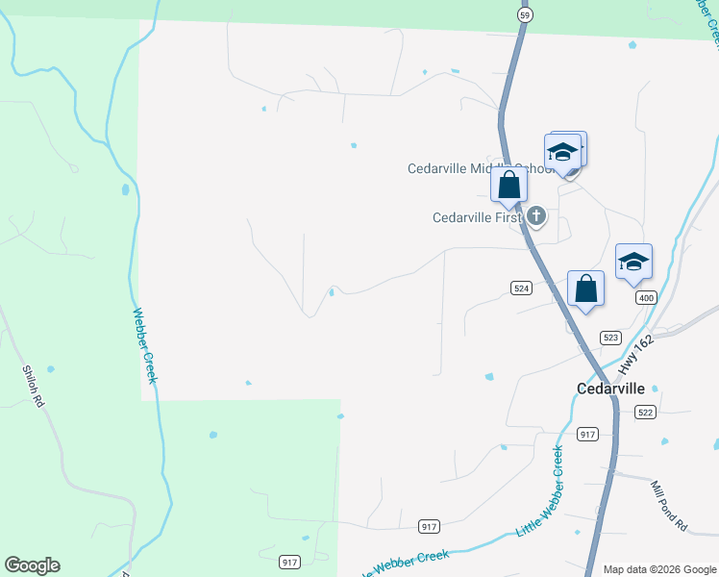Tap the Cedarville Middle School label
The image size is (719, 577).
(x=475, y=168)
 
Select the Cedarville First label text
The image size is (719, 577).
(x=476, y=217)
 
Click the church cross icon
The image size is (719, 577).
(x=536, y=216)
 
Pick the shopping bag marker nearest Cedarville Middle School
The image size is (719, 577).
(x=508, y=185)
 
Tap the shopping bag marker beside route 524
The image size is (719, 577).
(x=586, y=288)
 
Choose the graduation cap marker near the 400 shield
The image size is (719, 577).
(x=633, y=263)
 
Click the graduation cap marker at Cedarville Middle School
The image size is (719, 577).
(x=562, y=152)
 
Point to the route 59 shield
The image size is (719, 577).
(x=524, y=15)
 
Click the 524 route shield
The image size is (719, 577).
(x=521, y=288)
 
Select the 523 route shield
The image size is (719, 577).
(x=610, y=338)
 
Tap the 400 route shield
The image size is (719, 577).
(x=645, y=299)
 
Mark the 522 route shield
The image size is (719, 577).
(x=645, y=412)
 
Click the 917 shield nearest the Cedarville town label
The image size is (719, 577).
(x=589, y=434)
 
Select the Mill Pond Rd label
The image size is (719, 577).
(x=669, y=506)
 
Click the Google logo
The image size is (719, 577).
(x=32, y=565)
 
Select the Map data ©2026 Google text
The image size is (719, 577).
(x=658, y=569)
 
